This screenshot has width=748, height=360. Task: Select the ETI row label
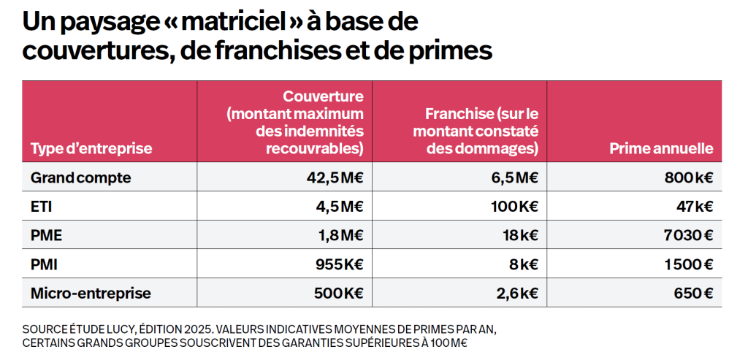pyautogui.click(x=42, y=207)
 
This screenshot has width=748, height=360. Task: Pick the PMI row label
pyautogui.click(x=45, y=264)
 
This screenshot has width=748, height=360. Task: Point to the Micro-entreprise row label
pyautogui.click(x=91, y=294)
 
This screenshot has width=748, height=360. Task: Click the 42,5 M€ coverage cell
pyautogui.click(x=335, y=177)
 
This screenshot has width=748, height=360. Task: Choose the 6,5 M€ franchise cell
pyautogui.click(x=514, y=177)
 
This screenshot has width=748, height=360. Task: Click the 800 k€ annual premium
pyautogui.click(x=686, y=177)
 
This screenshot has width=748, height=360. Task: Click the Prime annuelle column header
pyautogui.click(x=661, y=148)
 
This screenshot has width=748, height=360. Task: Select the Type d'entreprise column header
pyautogui.click(x=91, y=148)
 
